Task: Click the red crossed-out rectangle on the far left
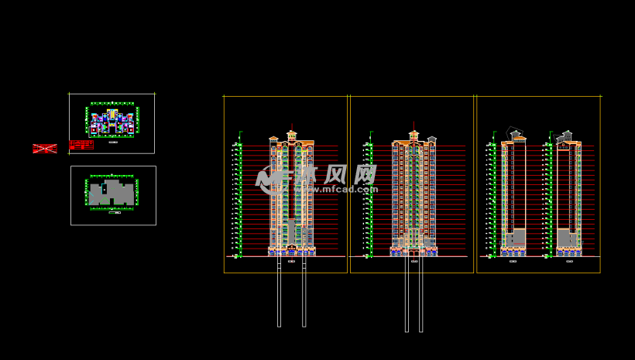(44, 148)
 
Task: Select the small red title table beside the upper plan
(81, 145)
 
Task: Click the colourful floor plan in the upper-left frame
(112, 121)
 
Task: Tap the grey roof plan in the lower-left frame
(112, 194)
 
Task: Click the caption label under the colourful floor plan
(113, 142)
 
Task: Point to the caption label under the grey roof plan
(114, 212)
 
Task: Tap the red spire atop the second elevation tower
(414, 125)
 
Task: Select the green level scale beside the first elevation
(240, 197)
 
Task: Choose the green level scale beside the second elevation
(370, 197)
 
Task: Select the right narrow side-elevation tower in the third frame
(569, 194)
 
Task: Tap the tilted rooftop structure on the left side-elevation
(514, 134)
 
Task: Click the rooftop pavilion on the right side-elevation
(565, 136)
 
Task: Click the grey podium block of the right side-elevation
(565, 238)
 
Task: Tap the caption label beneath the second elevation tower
(414, 262)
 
